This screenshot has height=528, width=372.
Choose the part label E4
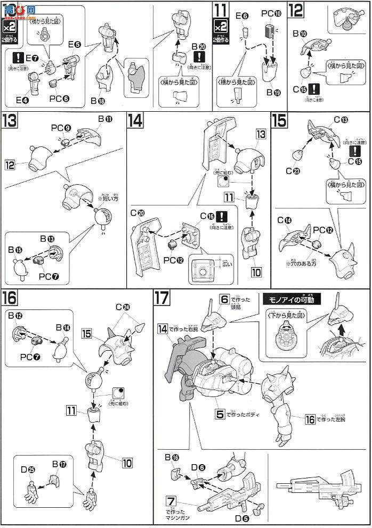tap(22, 100)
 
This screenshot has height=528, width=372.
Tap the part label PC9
tap(58, 128)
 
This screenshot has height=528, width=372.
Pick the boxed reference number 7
tap(170, 501)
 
